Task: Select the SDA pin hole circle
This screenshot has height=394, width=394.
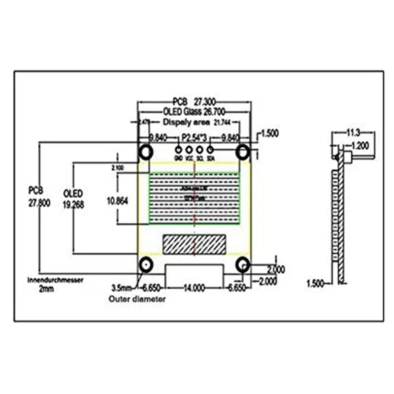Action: point(210,150)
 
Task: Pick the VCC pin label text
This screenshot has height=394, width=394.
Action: point(189,158)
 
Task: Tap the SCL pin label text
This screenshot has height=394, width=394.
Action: point(200,158)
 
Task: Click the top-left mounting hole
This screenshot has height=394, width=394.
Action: point(146,152)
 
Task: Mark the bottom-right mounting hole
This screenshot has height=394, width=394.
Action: point(242,265)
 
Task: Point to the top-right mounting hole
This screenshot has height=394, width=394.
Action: point(242,151)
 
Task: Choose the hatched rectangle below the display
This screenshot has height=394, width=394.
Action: point(194,244)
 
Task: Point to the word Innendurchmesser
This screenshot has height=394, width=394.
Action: point(55,280)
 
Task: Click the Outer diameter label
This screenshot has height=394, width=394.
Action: point(137,299)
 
